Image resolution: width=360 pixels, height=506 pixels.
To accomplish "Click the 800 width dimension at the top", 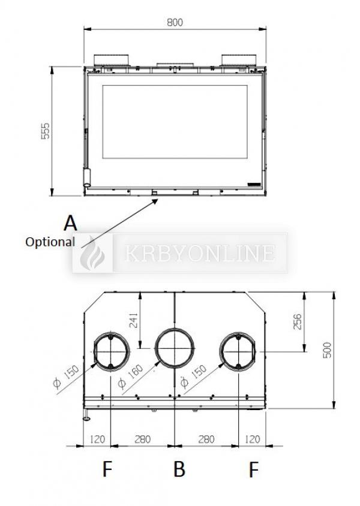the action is (x=175, y=22).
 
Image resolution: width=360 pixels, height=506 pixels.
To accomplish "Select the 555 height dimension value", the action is (x=46, y=131).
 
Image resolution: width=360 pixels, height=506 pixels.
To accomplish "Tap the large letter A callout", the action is (x=70, y=223).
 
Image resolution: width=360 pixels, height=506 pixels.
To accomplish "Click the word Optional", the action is (x=50, y=242).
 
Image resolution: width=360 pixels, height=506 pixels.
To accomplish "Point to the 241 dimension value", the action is (x=133, y=320).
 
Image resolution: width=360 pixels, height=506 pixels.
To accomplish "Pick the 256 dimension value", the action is (x=297, y=321).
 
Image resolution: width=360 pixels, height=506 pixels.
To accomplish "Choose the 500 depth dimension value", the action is (x=327, y=350).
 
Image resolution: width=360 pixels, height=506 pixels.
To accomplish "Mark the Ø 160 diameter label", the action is (x=130, y=377).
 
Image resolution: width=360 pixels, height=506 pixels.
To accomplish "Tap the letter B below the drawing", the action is (x=179, y=469).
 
